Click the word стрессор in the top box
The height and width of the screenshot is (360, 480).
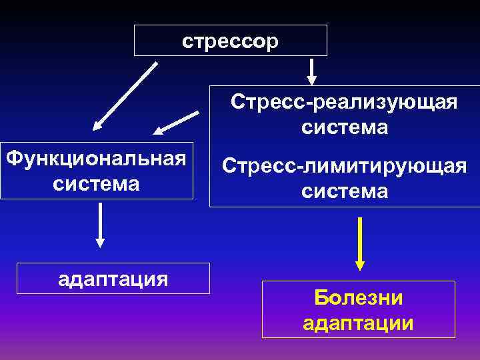231,41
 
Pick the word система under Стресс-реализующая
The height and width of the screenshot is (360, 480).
344,127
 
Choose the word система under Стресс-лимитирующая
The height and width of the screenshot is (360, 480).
344,191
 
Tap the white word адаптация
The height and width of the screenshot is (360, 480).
113,277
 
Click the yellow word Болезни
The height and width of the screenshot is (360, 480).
359,298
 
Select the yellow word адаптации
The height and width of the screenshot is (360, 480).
359,323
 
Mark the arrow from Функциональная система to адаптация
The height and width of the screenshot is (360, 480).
100,225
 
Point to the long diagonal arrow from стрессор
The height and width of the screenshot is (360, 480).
125,95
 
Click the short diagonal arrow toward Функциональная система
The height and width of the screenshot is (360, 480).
177,123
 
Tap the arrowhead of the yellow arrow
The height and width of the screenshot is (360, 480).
360,265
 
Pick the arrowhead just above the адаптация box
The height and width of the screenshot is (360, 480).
100,242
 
